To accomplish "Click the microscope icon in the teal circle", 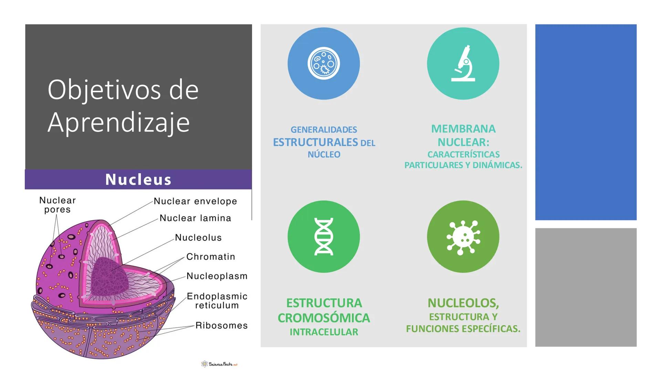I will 463,64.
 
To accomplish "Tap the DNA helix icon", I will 324,237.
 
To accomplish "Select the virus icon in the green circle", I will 463,237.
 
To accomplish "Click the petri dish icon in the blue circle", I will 324,64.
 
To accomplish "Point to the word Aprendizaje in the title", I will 119,122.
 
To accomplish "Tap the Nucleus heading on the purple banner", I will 138,179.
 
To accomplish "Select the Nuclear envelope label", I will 195,201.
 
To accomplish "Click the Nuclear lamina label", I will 195,218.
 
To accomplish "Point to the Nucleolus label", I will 198,238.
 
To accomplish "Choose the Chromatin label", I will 211,257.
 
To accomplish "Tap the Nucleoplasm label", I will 217,276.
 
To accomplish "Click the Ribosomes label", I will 221,325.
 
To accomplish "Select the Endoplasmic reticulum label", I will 217,301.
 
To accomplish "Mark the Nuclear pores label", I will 57,205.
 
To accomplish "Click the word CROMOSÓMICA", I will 324,318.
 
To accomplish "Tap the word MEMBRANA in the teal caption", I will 463,129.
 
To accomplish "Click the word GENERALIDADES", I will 324,130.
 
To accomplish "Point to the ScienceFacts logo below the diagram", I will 220,364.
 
